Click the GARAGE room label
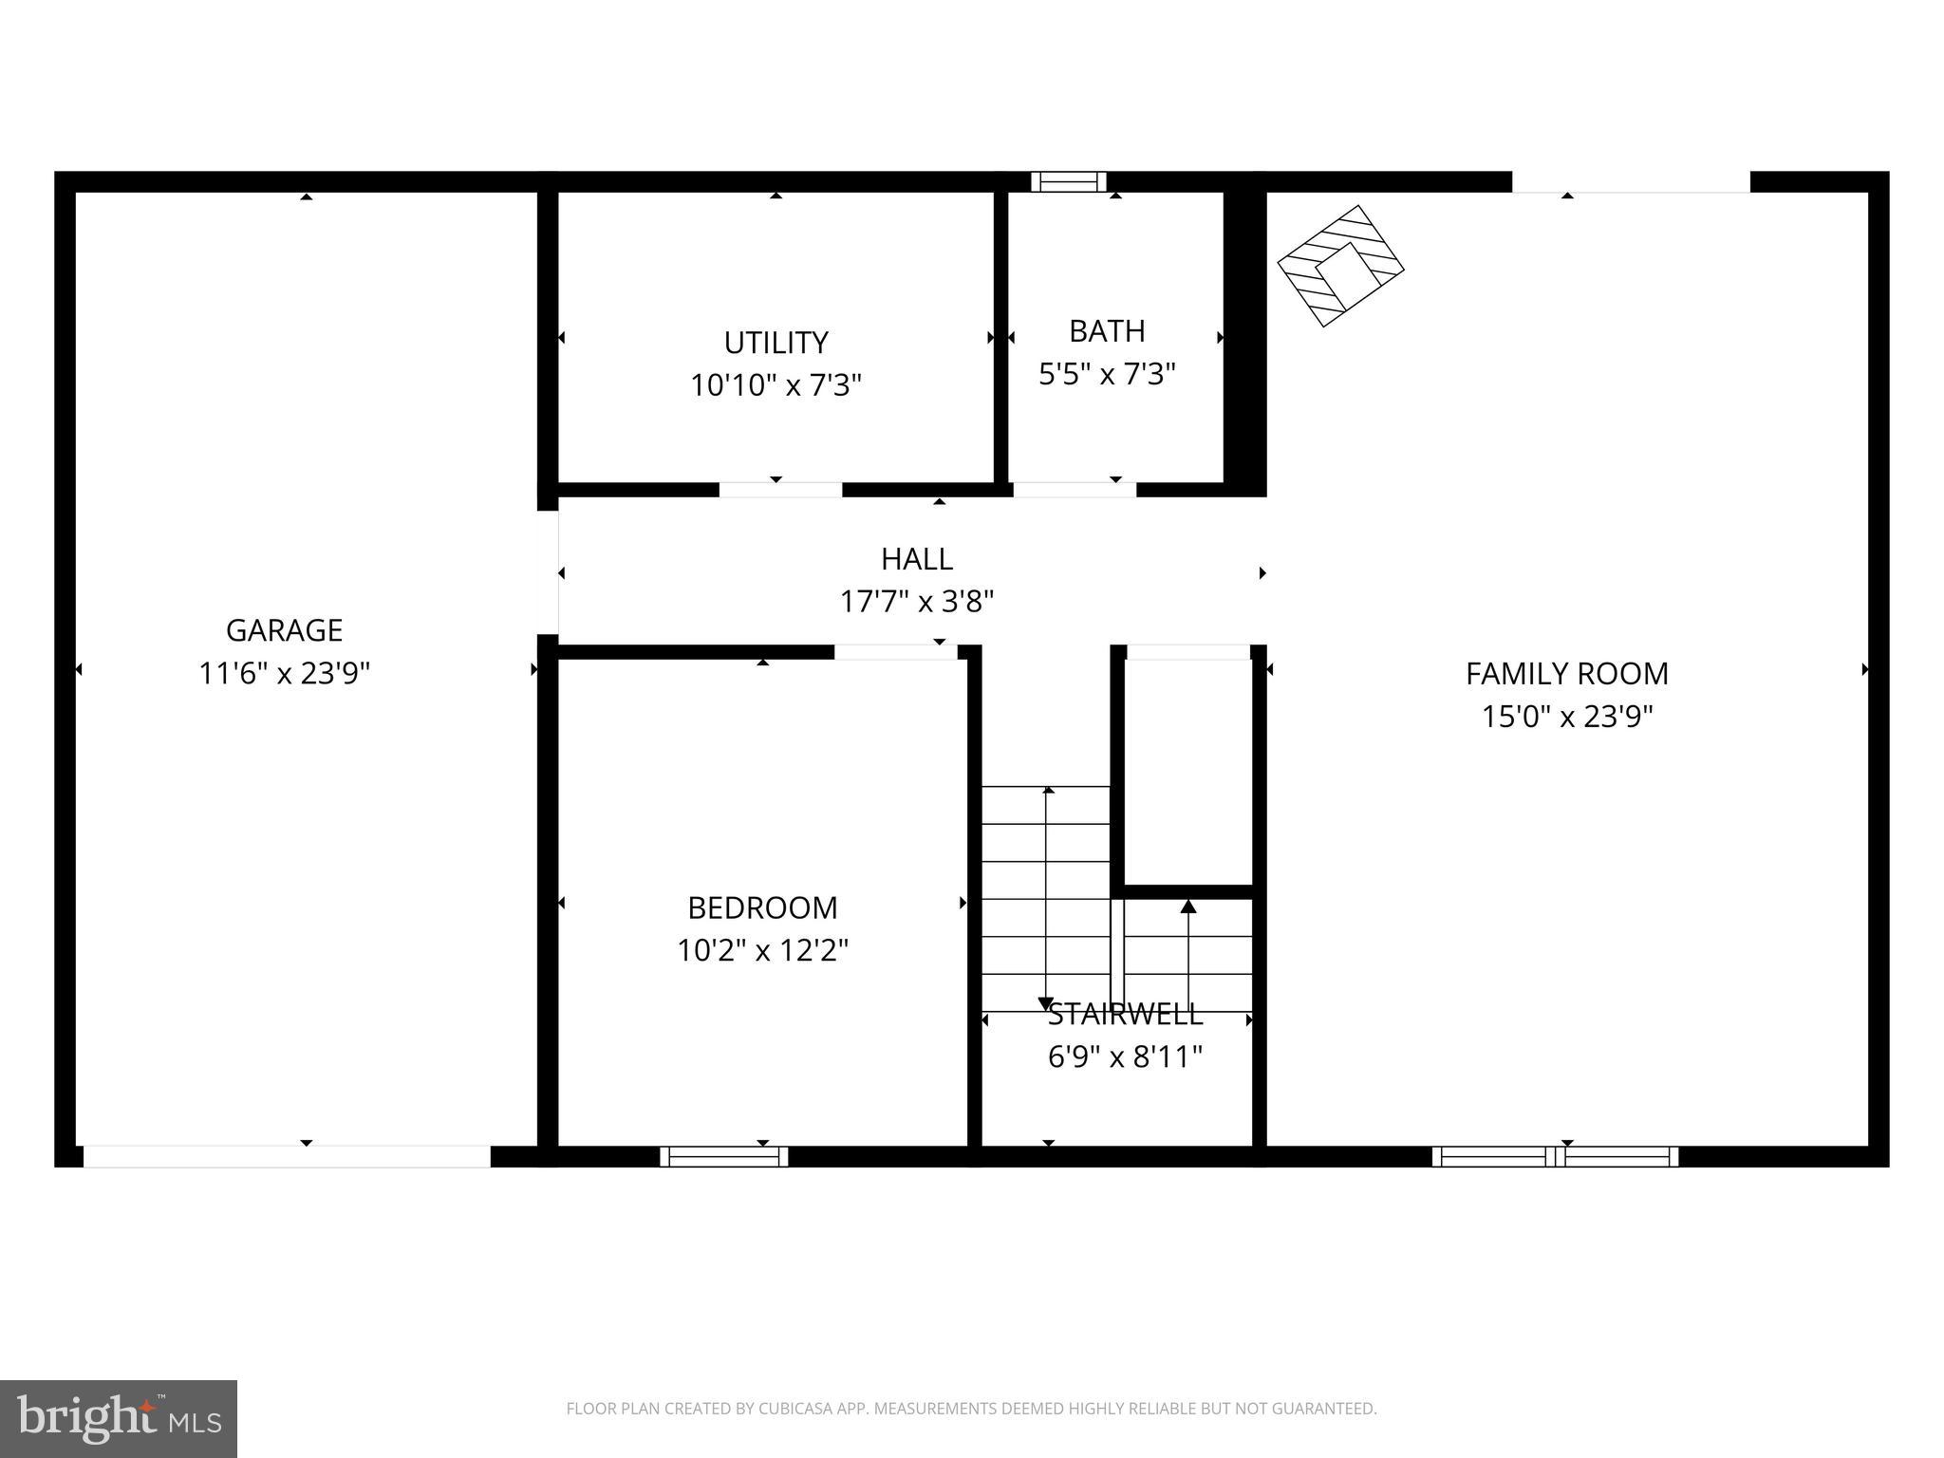pos(284,630)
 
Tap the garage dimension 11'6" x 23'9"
pos(284,673)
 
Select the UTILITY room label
pos(776,342)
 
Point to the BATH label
pos(1107,330)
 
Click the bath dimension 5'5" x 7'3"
pos(1107,374)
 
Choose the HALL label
pos(916,558)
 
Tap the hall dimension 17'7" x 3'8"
pos(916,601)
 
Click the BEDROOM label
pos(762,907)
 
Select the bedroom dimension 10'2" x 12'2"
pos(762,950)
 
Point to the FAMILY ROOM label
pos(1566,673)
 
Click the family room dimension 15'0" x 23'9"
pos(1566,716)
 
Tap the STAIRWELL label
pos(1125,1014)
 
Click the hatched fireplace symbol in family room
pos(1340,266)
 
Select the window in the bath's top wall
pos(1069,181)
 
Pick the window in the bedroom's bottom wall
pos(724,1156)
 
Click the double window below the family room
pos(1555,1156)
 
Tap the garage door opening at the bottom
pos(287,1156)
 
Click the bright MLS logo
pos(119,1418)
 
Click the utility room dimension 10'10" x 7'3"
pos(776,385)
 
